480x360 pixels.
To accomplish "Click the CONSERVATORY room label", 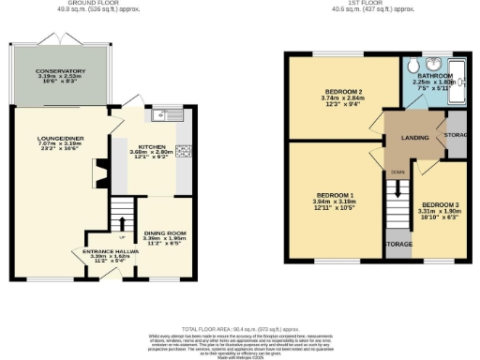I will pos(60,71).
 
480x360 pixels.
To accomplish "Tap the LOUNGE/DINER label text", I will pos(60,140).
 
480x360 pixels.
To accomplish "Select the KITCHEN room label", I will pos(151,147).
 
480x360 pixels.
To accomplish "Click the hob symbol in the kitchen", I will pos(182,149).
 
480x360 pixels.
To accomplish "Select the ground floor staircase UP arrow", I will pos(121,223).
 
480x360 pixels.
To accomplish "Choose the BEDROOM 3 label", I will pos(440,204).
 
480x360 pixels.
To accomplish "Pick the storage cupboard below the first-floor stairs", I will pos(399,244).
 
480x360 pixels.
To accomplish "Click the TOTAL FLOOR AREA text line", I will pos(239,330).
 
